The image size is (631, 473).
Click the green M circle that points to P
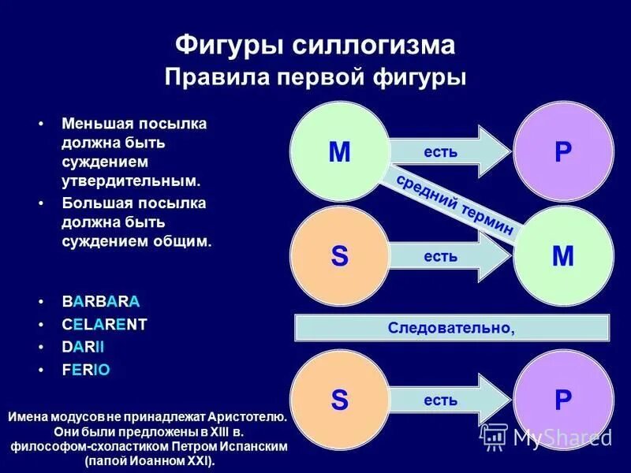click(x=339, y=151)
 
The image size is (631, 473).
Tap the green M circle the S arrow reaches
click(x=563, y=255)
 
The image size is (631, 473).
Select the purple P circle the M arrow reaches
click(x=563, y=151)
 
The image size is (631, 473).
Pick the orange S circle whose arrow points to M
click(x=339, y=255)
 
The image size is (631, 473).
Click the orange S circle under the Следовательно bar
click(x=339, y=400)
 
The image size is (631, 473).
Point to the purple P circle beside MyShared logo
click(x=563, y=400)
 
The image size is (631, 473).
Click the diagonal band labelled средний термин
click(x=456, y=204)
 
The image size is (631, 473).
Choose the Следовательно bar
click(x=451, y=327)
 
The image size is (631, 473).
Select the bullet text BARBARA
click(x=101, y=302)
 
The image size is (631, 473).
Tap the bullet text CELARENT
click(x=104, y=324)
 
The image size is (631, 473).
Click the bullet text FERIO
click(x=86, y=369)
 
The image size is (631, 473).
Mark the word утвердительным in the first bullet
click(x=131, y=181)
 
